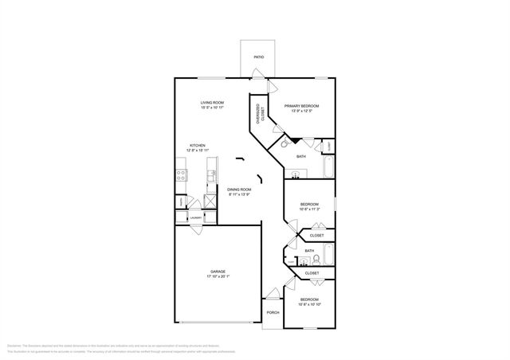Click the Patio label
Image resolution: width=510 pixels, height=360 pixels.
coord(259,57)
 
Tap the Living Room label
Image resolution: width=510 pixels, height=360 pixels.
coord(212,103)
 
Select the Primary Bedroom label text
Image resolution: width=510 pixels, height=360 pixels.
coord(302,106)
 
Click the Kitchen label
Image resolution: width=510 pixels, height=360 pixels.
coord(197,146)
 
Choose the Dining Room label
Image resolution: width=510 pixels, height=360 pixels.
coord(240,190)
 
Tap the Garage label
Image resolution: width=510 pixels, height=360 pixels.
coord(218,273)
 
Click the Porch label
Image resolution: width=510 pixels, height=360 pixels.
coord(272,311)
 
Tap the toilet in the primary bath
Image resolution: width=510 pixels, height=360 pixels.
coord(284,146)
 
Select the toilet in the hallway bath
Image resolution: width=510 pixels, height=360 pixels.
coord(316,259)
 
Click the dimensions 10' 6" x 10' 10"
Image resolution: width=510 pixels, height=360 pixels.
coord(309,303)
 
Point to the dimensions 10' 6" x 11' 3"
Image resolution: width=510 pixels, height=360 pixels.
coord(309,209)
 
